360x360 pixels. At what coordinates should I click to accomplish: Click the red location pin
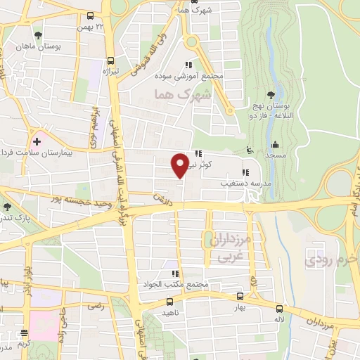[180, 165]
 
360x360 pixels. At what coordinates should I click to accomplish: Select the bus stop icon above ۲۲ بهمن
[90, 15]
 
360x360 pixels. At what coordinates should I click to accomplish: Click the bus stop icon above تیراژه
[110, 60]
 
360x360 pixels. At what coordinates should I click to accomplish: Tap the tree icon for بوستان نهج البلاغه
[271, 96]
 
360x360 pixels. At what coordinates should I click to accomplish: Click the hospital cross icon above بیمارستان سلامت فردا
[37, 141]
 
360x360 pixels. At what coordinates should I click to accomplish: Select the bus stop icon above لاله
[280, 308]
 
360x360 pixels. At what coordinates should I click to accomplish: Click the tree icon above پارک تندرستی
[6, 207]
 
